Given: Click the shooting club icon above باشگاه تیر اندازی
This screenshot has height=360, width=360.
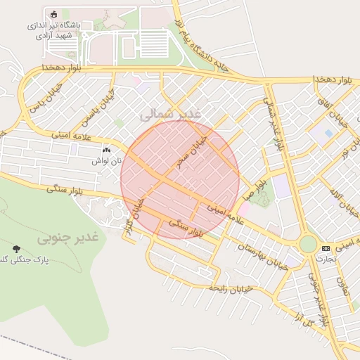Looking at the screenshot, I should [x=55, y=13].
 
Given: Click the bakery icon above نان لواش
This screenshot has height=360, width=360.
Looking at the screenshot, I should [x=106, y=150].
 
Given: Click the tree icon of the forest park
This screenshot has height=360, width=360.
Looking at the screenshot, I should [x=15, y=248].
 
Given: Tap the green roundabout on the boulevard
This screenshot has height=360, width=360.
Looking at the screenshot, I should [x=308, y=244].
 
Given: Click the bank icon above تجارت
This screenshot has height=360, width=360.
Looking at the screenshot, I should [x=326, y=248].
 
